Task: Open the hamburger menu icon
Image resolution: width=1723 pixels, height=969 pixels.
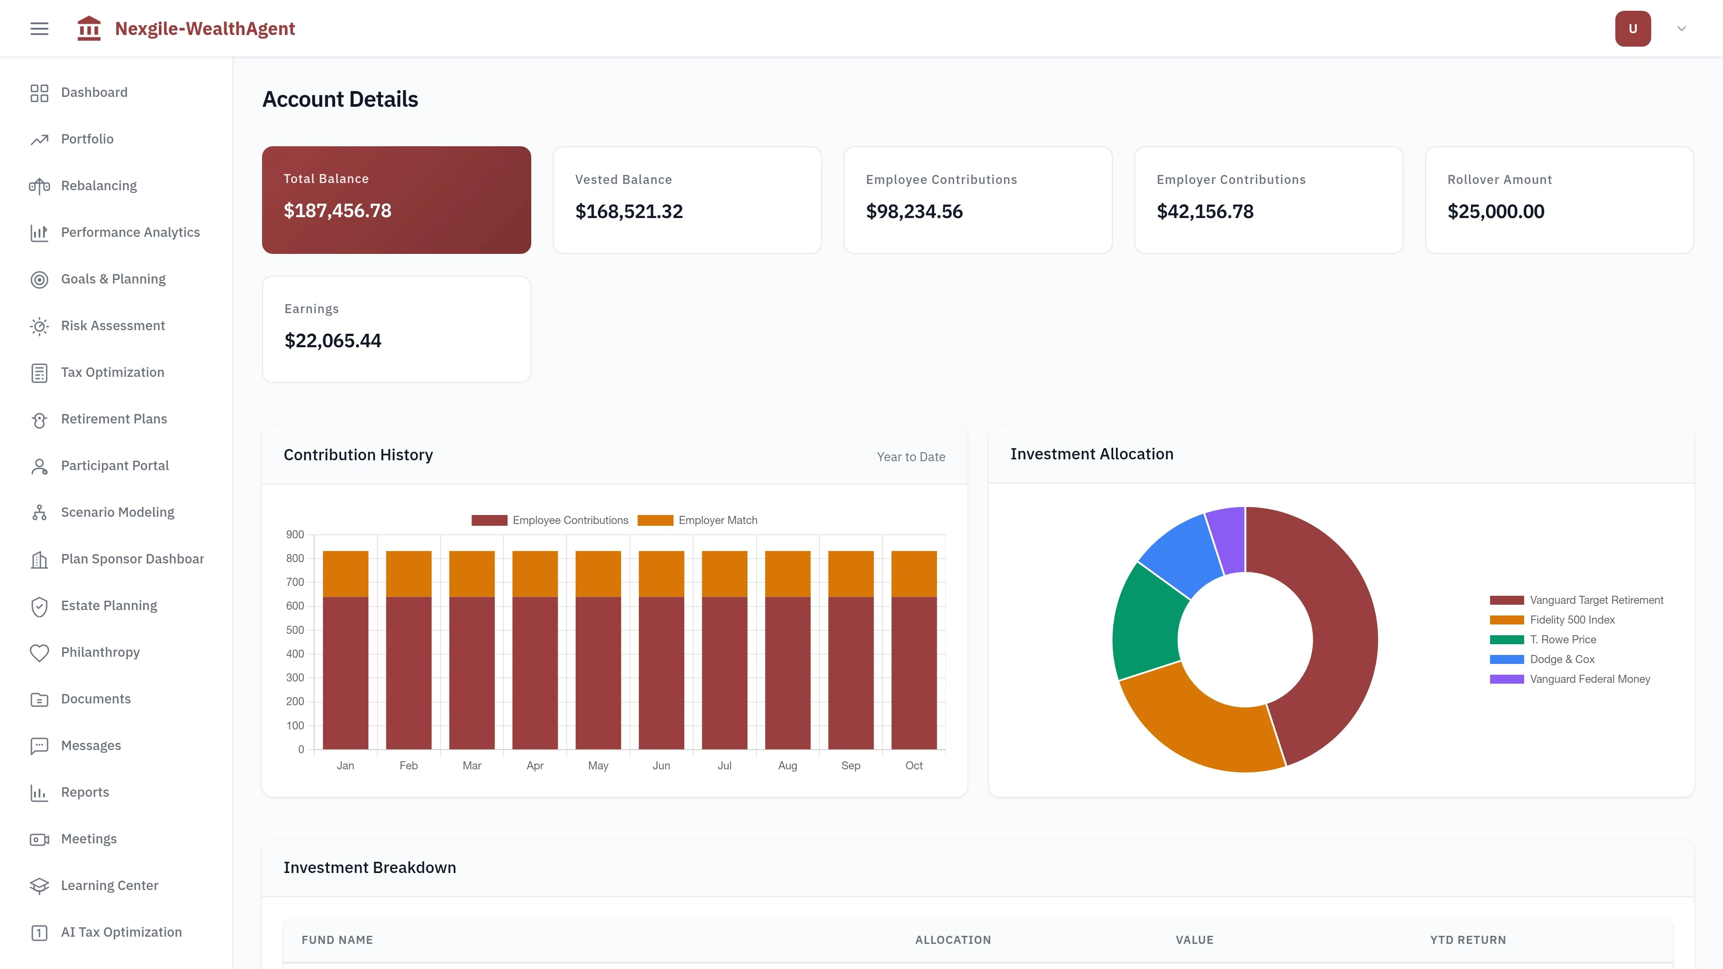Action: coord(39,29)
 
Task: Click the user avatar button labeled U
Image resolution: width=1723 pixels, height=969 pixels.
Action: coord(1632,29)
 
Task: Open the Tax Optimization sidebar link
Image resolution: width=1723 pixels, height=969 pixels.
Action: coord(112,372)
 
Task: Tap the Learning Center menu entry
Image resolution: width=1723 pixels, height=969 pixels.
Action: coord(109,886)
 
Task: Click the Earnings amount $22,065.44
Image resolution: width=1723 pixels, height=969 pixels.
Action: coord(332,341)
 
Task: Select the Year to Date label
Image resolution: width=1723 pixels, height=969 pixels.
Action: coord(911,457)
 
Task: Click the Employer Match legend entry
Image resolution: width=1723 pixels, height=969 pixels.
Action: coord(698,520)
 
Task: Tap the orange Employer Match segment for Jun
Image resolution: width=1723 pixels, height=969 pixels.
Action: coord(661,574)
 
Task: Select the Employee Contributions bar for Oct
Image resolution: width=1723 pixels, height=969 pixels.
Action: coord(914,672)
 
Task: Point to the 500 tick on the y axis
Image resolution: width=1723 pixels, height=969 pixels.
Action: coord(295,630)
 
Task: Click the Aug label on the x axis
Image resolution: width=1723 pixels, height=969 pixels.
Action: coord(787,766)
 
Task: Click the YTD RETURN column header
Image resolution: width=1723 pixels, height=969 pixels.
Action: coord(1468,939)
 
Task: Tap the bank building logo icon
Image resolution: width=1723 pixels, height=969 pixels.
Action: coord(89,29)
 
